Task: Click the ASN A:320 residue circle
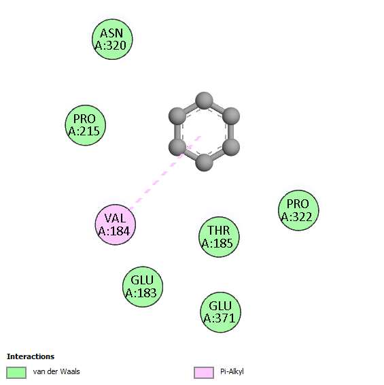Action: click(112, 39)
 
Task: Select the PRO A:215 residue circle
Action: click(85, 125)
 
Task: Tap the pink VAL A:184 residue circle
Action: click(116, 224)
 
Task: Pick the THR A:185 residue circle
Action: click(219, 237)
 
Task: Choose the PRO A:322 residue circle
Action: click(298, 210)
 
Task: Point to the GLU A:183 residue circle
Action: click(143, 286)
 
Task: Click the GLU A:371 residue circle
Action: click(220, 312)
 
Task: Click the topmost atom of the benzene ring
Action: click(204, 101)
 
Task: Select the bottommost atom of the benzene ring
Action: click(204, 163)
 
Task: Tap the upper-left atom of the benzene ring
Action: click(177, 116)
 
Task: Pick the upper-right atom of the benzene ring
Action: click(231, 116)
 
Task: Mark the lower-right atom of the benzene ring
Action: click(231, 147)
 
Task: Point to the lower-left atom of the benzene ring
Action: click(177, 147)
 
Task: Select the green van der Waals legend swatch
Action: click(16, 373)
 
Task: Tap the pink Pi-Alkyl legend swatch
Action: click(204, 373)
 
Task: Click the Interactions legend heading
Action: click(31, 356)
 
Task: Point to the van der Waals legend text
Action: click(56, 371)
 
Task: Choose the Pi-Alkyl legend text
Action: click(232, 372)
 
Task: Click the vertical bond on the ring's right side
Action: click(231, 131)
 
